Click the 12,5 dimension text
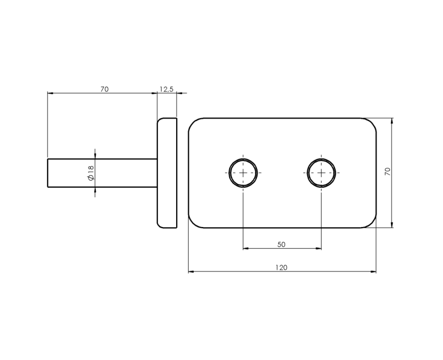coord(166,89)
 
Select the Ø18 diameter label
coord(91,173)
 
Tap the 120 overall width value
coord(281,268)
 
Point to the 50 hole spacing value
coord(281,244)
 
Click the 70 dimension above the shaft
coord(104,89)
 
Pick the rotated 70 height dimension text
coord(388,172)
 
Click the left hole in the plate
coord(243,173)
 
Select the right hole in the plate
coord(321,173)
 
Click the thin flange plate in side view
coord(167,173)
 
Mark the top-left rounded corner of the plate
coord(193,123)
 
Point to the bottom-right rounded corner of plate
coord(371,223)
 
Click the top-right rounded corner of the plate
coord(371,123)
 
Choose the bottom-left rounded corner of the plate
coord(193,223)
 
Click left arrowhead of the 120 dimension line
coord(191,272)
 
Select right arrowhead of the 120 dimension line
coord(373,272)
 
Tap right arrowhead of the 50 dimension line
coord(318,249)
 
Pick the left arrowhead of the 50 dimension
coord(246,249)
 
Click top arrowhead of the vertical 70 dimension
coord(392,121)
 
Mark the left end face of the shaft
coord(48,173)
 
